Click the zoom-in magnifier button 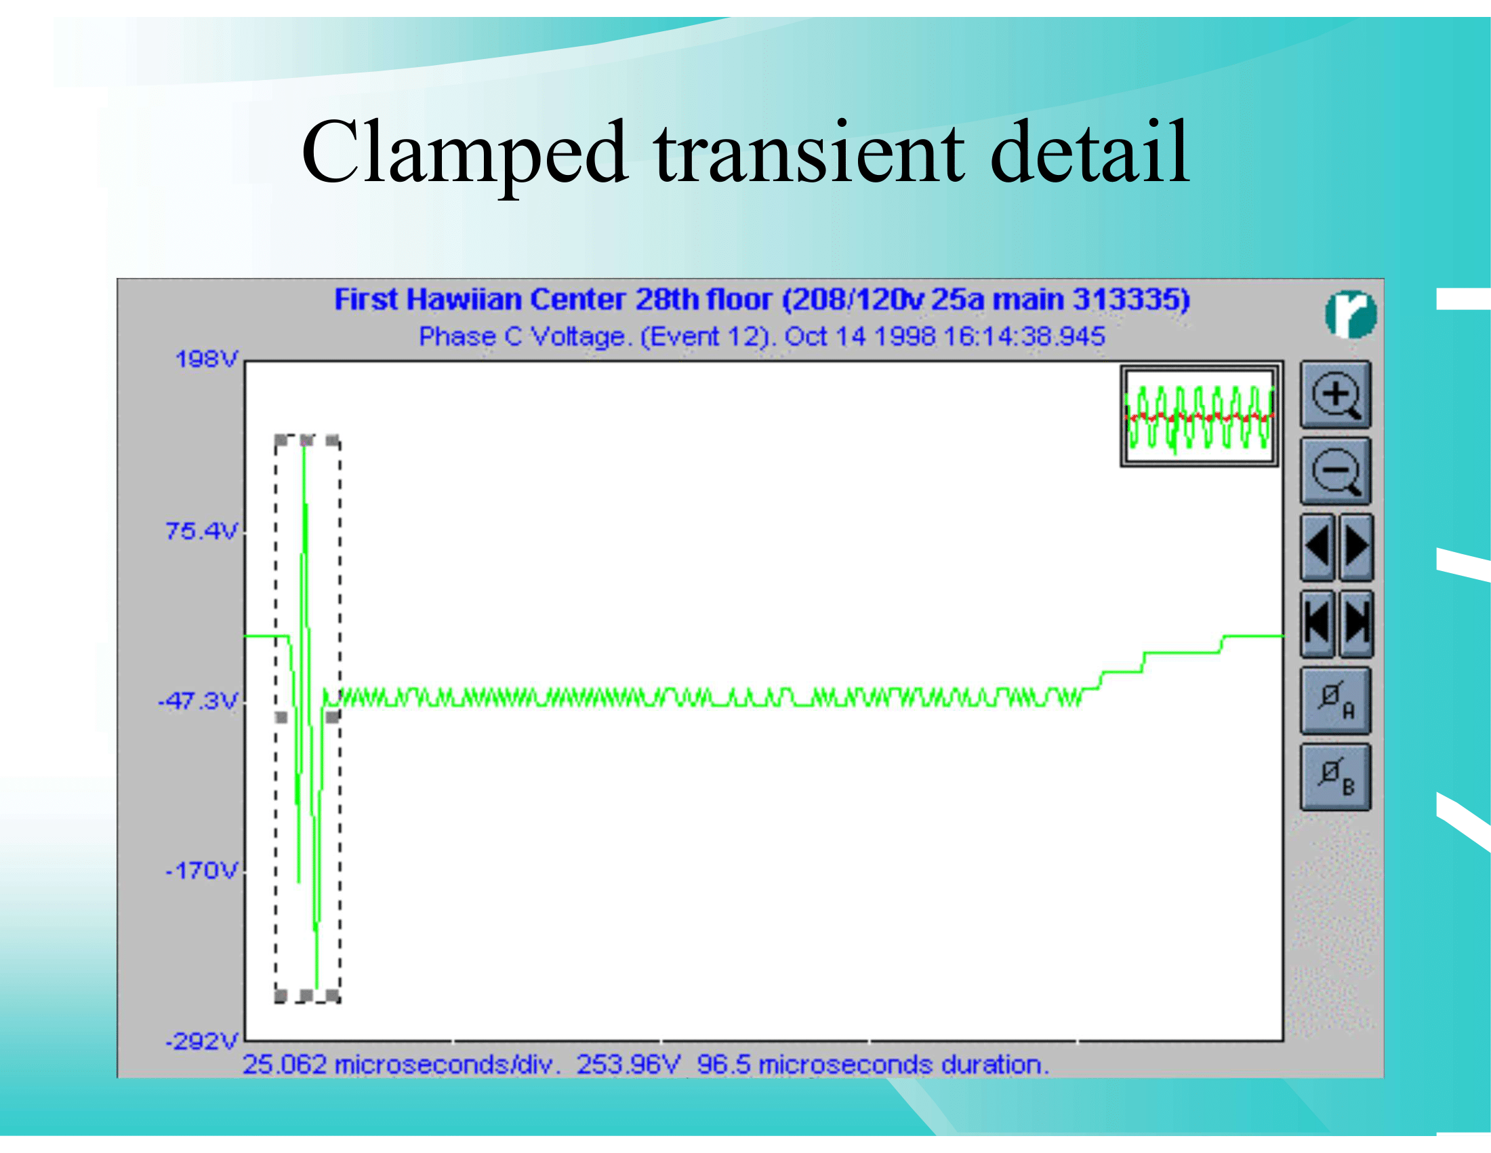(1335, 395)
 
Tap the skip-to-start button (1317, 623)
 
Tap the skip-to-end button (1356, 623)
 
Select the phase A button (1335, 701)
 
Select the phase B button (1335, 777)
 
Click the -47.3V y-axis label (198, 701)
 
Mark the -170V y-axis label (202, 871)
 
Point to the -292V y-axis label (202, 1042)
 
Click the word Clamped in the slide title (464, 154)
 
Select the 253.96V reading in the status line (628, 1065)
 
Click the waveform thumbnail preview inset (1199, 416)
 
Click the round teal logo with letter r (1351, 314)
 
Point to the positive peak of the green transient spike (303, 444)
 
